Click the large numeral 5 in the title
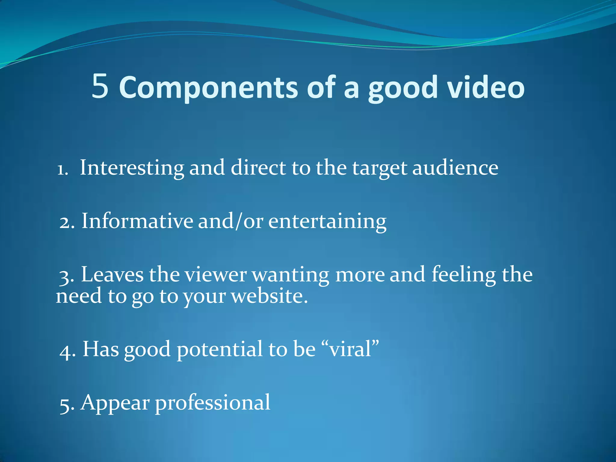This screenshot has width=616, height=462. point(100,87)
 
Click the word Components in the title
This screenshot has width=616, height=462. point(208,88)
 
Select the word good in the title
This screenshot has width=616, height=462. point(403,89)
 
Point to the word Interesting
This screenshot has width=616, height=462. point(132,168)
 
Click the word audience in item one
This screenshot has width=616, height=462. point(455,168)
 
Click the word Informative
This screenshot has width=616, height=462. point(137,221)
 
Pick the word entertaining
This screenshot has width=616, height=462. point(327,222)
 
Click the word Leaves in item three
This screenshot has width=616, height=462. point(112,274)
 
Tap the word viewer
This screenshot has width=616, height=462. point(215,274)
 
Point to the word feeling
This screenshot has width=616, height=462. point(464,275)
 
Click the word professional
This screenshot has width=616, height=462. point(213,404)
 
